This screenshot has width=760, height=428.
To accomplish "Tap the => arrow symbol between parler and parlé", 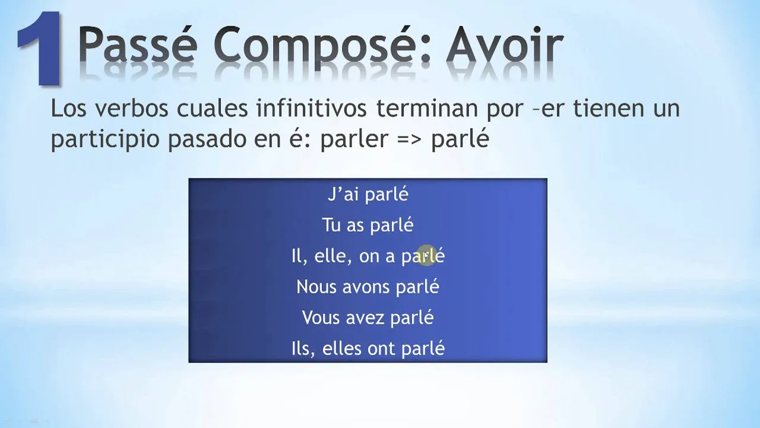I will tap(409, 140).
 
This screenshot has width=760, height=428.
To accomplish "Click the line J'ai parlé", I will tap(368, 194).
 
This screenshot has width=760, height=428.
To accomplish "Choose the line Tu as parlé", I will tap(368, 225).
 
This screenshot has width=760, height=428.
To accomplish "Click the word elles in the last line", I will tap(342, 349).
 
